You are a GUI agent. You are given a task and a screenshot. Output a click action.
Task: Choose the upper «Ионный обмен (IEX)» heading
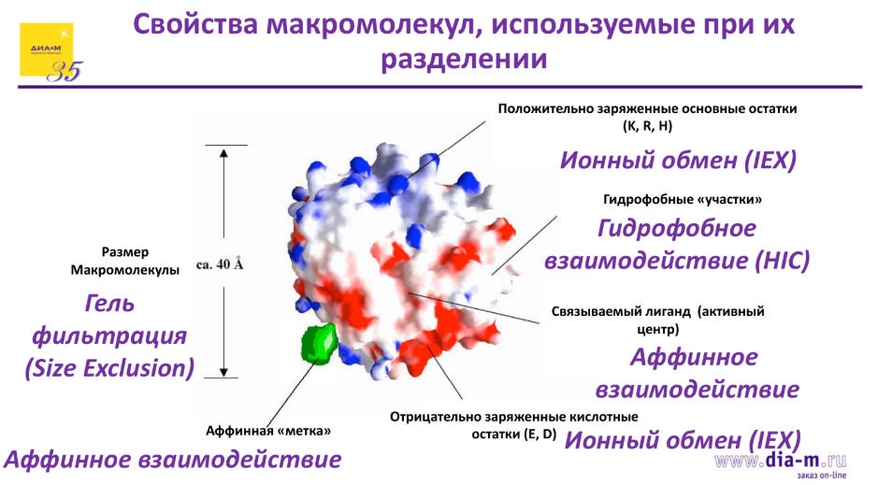pos(678,161)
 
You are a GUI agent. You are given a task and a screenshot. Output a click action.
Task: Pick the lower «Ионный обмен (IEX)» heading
pos(684,440)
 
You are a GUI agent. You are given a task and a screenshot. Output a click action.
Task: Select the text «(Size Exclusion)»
pos(109,368)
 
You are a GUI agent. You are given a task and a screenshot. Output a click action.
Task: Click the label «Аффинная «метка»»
pos(268,432)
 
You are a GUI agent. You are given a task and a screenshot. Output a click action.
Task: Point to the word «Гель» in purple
pos(109,303)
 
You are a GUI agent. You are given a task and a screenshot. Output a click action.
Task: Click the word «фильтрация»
pos(110,335)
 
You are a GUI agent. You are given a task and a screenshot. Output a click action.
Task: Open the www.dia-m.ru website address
pos(780,460)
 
